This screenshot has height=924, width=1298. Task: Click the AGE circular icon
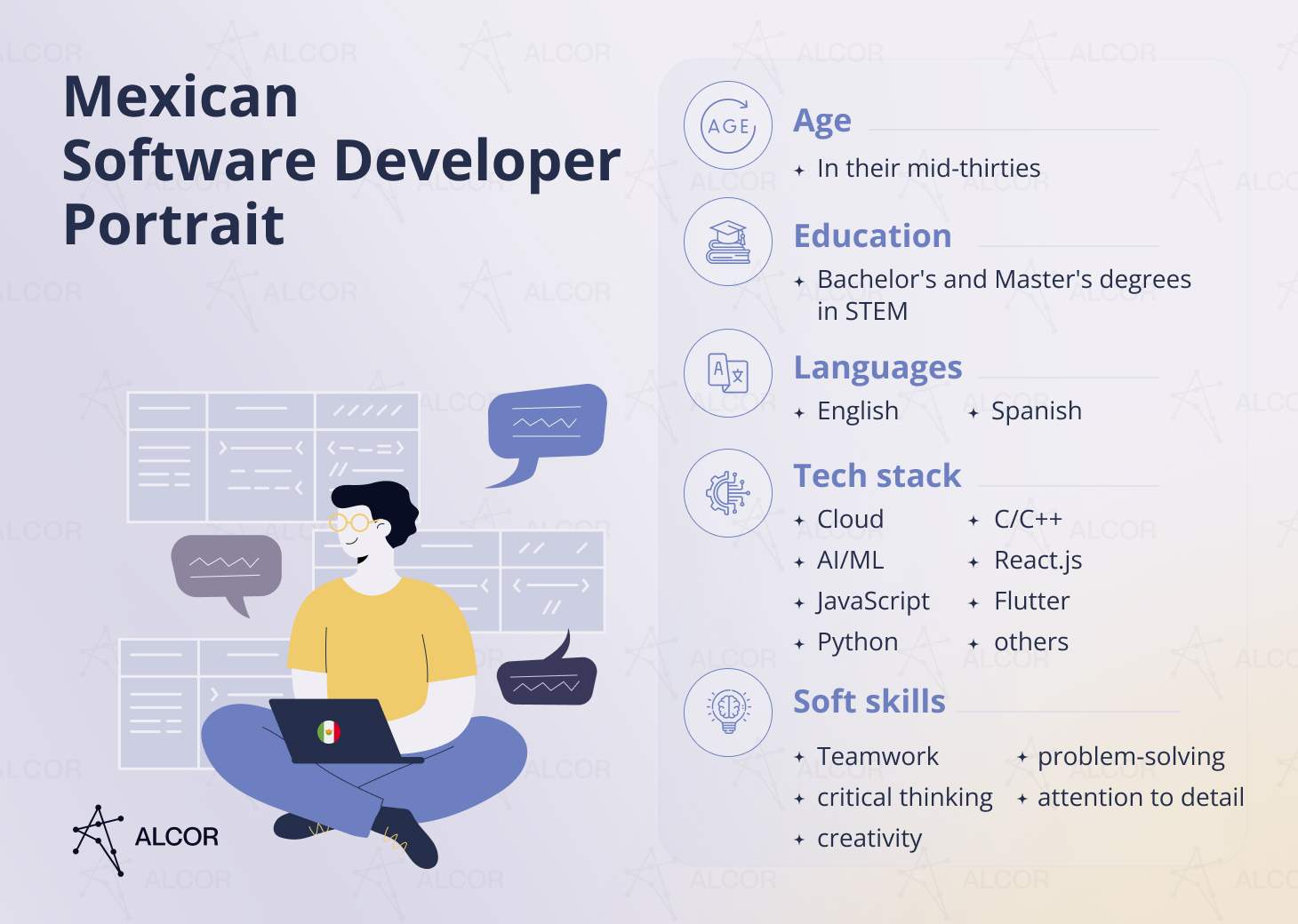click(728, 126)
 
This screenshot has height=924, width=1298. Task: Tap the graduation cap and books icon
click(728, 242)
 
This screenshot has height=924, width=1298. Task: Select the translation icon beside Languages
click(728, 373)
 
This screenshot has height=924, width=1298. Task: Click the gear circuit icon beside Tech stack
click(728, 492)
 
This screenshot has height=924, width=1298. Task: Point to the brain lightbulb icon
click(728, 712)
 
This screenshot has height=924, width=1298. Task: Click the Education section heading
click(872, 236)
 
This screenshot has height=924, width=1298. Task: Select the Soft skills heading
click(869, 702)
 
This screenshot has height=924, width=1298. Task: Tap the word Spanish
click(1036, 411)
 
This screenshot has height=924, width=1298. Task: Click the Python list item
click(857, 642)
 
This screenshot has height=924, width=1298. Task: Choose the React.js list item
click(1038, 561)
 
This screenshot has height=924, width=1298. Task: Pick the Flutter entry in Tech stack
click(1031, 601)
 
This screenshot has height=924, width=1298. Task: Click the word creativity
click(869, 839)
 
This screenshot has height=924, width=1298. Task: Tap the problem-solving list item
click(1131, 757)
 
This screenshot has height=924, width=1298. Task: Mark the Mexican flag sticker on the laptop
click(329, 732)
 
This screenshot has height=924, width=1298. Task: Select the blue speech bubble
click(546, 422)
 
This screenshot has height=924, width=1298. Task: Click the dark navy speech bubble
click(546, 680)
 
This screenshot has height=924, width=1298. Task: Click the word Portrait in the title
click(174, 224)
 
